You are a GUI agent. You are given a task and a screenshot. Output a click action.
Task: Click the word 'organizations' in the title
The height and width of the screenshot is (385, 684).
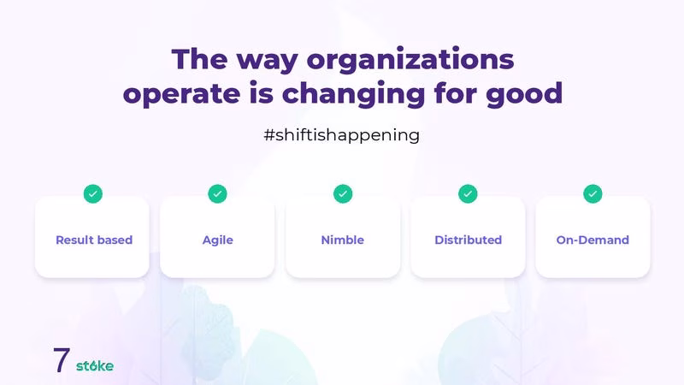(x=410, y=60)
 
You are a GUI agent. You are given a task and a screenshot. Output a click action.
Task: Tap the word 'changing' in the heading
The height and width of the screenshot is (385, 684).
(x=353, y=94)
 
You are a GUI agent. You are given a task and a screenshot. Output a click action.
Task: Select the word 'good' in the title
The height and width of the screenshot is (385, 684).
(x=524, y=94)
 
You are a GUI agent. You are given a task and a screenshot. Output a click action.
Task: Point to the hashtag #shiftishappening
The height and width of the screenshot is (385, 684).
(x=341, y=135)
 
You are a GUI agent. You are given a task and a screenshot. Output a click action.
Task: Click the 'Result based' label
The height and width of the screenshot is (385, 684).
(x=94, y=240)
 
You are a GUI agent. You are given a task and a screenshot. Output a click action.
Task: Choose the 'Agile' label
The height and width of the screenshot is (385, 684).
(x=218, y=240)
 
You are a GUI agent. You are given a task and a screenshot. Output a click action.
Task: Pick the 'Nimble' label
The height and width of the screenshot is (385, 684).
(x=343, y=240)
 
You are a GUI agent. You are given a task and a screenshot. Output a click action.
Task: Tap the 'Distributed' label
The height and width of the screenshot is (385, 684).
(x=468, y=240)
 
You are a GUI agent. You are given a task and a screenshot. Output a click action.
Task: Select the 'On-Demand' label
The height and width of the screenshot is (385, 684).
(x=593, y=240)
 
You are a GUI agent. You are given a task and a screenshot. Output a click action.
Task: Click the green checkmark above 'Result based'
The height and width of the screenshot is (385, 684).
(x=93, y=194)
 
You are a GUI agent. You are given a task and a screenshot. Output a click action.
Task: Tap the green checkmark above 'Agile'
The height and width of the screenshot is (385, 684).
(x=218, y=194)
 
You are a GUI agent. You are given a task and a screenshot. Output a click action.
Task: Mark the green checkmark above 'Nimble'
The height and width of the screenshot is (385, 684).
(x=343, y=194)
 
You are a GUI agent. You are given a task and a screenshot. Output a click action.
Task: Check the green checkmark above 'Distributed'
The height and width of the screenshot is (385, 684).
(x=468, y=194)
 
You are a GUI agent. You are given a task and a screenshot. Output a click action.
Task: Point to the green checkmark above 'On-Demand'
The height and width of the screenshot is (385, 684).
(x=593, y=194)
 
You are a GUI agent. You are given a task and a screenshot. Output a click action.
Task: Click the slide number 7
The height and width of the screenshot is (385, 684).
(x=62, y=360)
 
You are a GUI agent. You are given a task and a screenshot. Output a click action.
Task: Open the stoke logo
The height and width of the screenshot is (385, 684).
(x=95, y=366)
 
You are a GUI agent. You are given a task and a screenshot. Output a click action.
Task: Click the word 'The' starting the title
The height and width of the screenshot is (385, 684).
(x=199, y=60)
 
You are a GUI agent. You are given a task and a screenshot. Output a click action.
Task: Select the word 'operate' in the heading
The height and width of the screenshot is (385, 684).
(x=181, y=95)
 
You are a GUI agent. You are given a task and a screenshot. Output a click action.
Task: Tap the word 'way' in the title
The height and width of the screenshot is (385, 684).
(x=267, y=62)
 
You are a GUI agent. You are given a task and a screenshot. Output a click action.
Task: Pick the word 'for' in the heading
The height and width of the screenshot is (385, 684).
(x=456, y=93)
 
